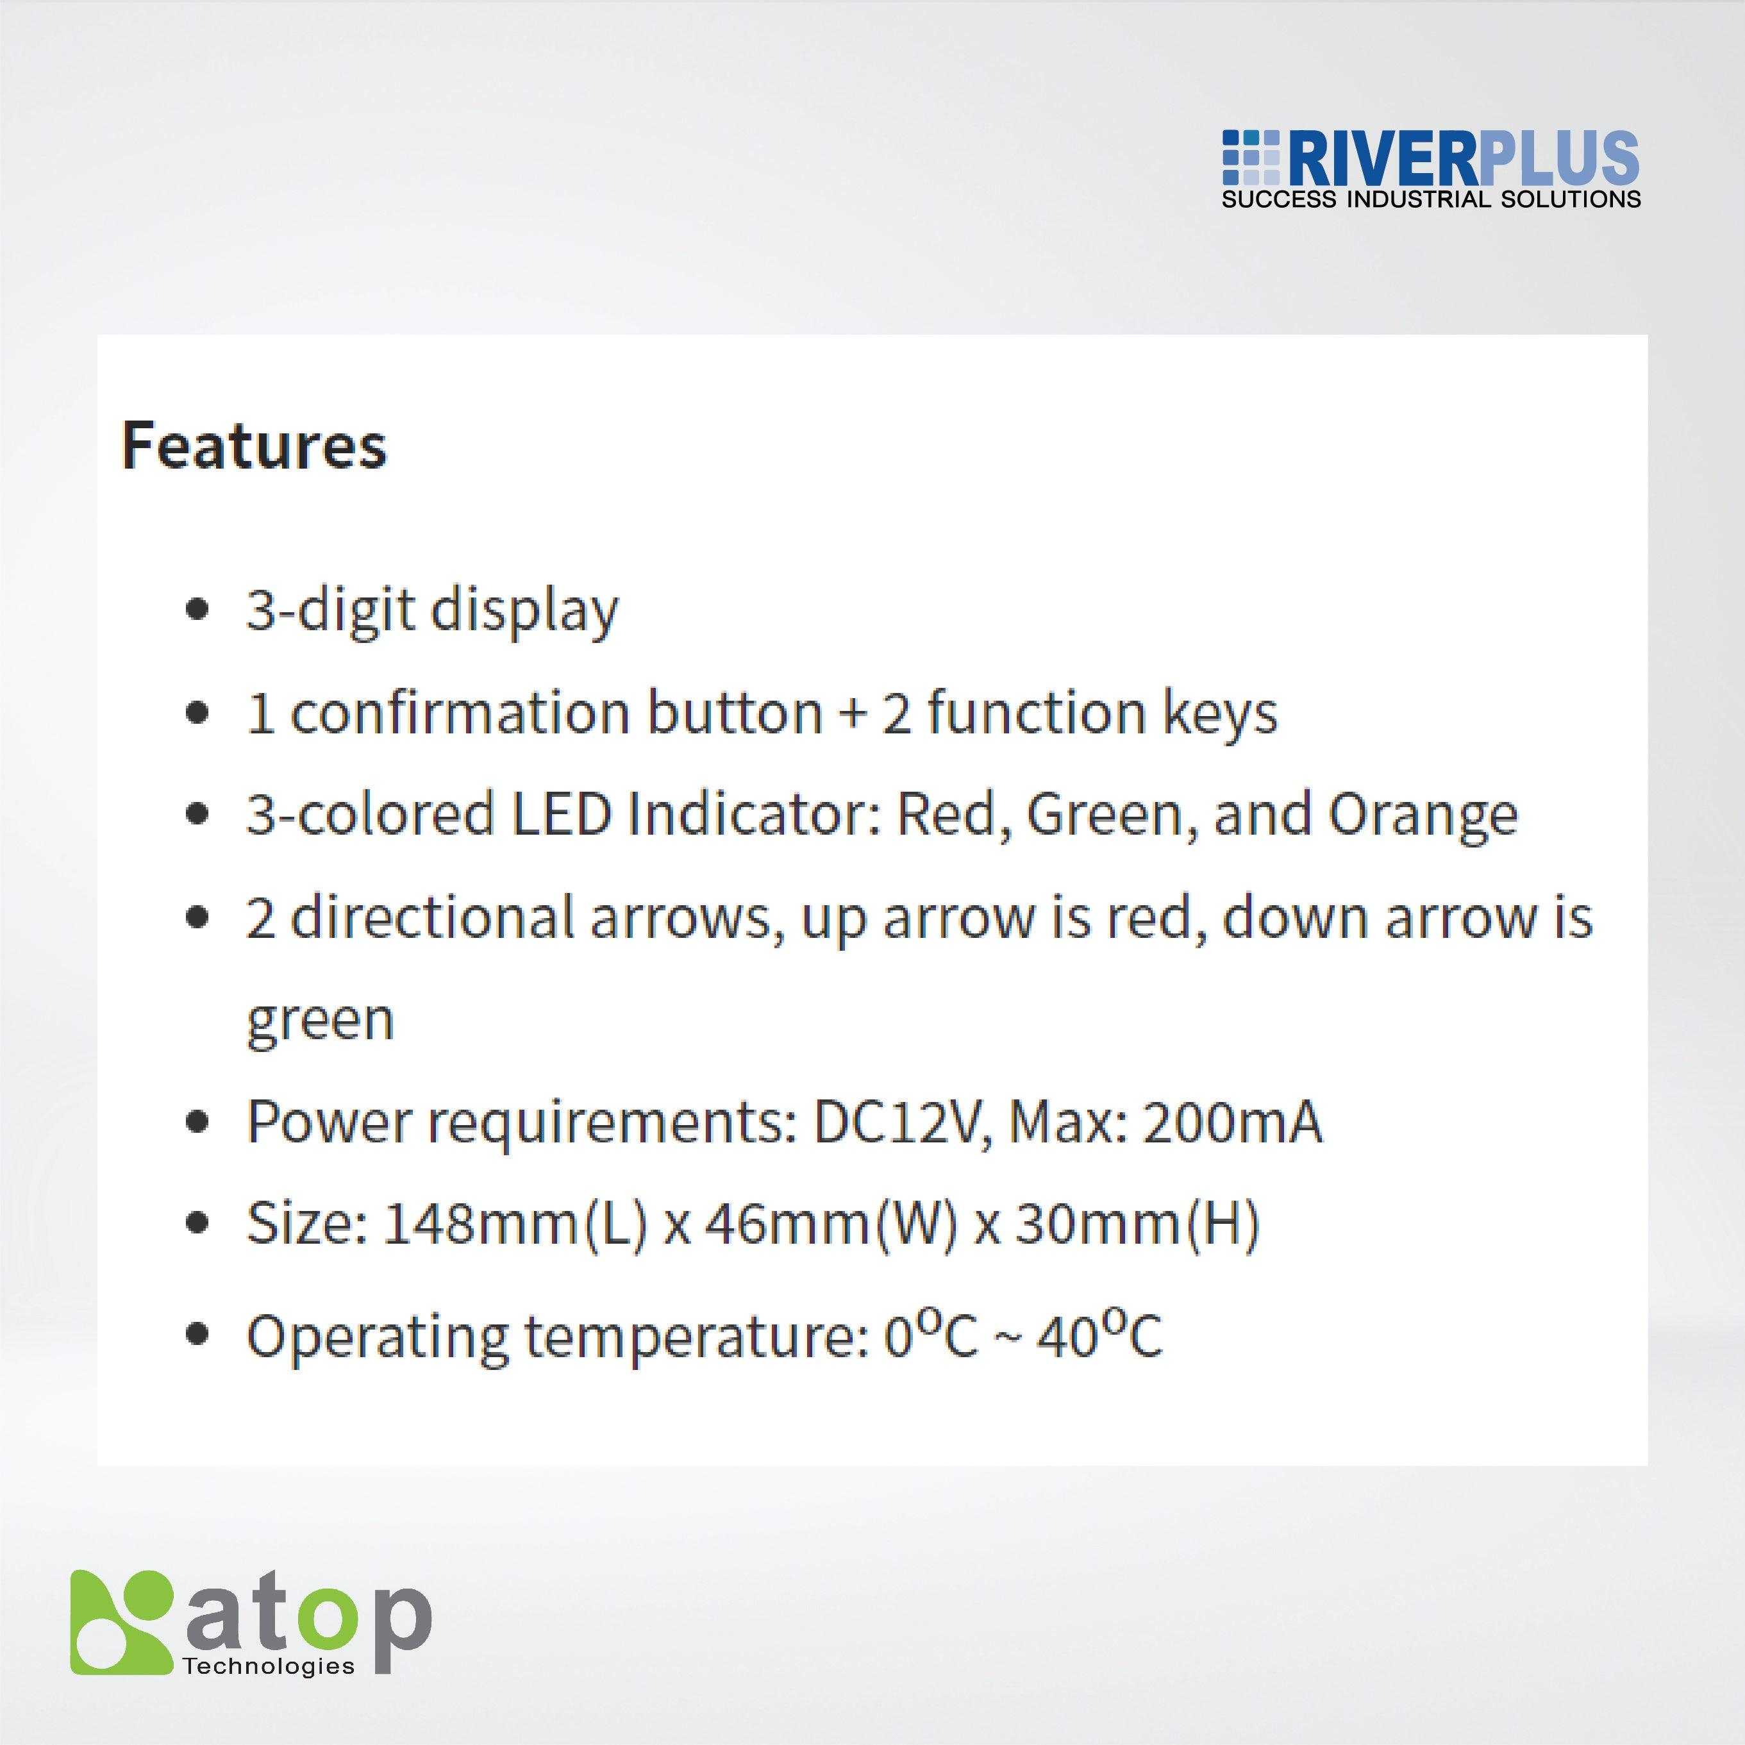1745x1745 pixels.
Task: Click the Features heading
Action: pyautogui.click(x=254, y=446)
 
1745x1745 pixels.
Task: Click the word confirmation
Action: pyautogui.click(x=460, y=713)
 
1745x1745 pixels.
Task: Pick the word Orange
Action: pyautogui.click(x=1423, y=815)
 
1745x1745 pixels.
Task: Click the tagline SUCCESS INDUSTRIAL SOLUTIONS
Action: pyautogui.click(x=1431, y=199)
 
